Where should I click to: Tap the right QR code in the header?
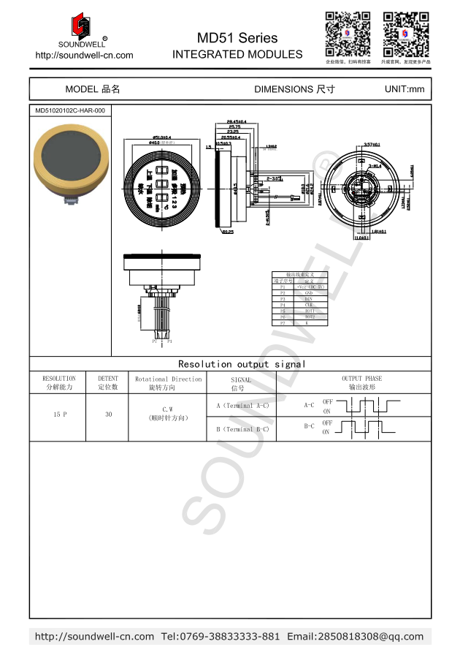point(405,34)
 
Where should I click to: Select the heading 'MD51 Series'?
point(237,38)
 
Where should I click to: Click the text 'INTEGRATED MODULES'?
point(237,54)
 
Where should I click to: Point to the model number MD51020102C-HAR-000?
point(70,110)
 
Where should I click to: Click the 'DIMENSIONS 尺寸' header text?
point(294,89)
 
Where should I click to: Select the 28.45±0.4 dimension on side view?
point(236,121)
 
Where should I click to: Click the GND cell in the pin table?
point(309,293)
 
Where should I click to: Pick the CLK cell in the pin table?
point(309,305)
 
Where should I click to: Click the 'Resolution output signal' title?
point(242,363)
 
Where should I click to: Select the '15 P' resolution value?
point(59,414)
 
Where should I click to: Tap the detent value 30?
point(108,414)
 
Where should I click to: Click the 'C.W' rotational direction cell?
point(167,409)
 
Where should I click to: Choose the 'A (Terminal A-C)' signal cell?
point(242,405)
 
